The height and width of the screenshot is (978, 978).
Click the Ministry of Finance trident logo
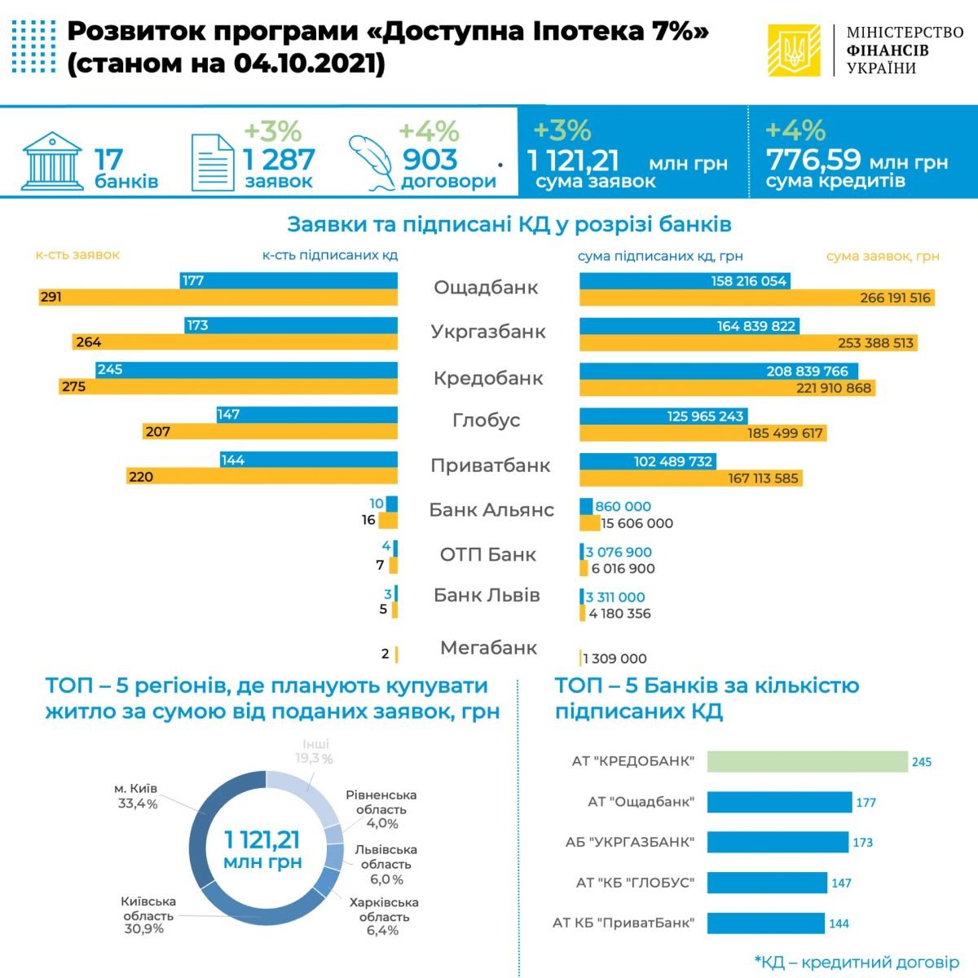pos(794,51)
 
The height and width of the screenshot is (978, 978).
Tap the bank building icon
pos(52,160)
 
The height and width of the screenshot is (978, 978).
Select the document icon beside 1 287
pos(212,161)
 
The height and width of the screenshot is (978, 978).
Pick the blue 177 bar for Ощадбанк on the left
pos(289,280)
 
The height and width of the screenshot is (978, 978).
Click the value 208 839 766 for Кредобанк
pos(807,371)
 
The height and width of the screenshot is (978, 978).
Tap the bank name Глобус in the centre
pos(487,421)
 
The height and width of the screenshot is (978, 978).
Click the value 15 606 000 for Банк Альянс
pos(637,523)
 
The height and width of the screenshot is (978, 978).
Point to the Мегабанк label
pos(488,648)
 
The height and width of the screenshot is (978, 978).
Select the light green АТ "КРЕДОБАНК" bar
pos(807,761)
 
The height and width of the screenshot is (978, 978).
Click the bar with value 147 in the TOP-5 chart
pos(766,883)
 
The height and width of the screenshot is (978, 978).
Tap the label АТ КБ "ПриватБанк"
pos(623,923)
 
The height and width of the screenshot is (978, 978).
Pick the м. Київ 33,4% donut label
pos(136,796)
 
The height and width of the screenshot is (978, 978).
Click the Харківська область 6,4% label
pos(383,916)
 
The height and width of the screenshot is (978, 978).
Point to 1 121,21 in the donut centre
pos(263,839)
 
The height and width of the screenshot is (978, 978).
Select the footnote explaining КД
pos(857,963)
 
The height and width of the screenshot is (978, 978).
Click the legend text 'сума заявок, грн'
pos(883,256)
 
